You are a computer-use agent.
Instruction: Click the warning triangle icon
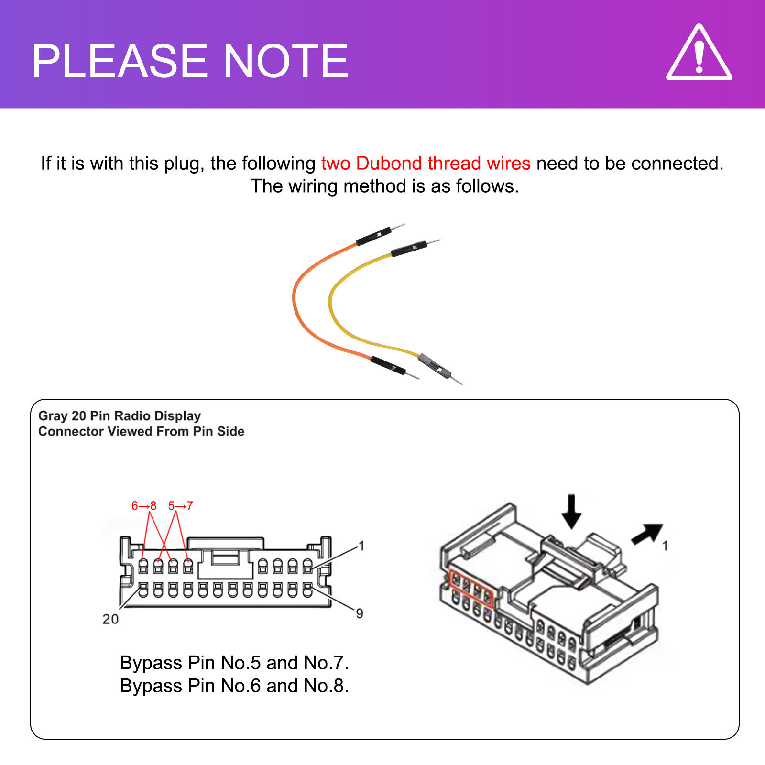click(699, 54)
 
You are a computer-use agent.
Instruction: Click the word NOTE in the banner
click(285, 61)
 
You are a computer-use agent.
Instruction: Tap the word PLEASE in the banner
click(120, 61)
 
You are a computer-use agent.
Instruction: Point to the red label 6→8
click(143, 506)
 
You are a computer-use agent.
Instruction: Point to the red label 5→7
click(180, 506)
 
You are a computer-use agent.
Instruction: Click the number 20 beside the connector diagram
click(110, 619)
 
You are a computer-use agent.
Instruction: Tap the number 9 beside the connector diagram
click(360, 613)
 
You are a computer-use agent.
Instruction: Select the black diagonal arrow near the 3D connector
click(648, 534)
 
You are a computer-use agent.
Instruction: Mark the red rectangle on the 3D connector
click(471, 588)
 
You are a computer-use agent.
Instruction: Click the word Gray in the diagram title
click(53, 416)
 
